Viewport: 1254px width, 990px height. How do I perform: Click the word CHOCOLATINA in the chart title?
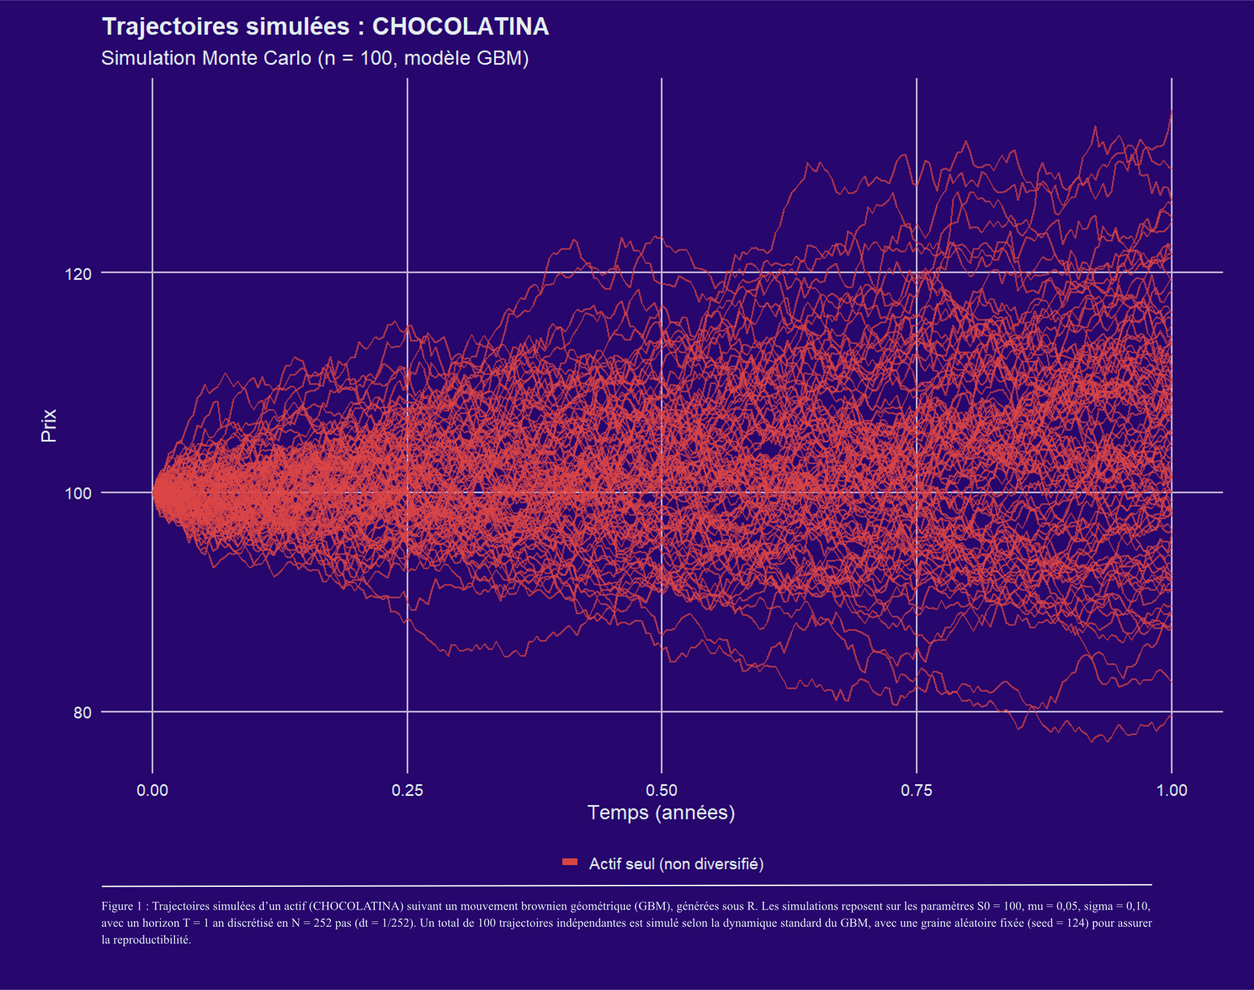pyautogui.click(x=460, y=27)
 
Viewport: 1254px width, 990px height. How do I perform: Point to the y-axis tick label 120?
pyautogui.click(x=78, y=274)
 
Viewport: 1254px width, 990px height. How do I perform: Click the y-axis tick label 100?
pyautogui.click(x=78, y=493)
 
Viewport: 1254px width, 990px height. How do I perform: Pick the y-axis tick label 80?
pyautogui.click(x=82, y=712)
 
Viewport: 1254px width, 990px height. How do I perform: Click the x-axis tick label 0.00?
pyautogui.click(x=152, y=790)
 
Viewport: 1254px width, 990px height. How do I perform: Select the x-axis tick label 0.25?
pyautogui.click(x=407, y=790)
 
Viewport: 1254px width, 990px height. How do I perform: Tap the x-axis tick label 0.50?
pyautogui.click(x=662, y=790)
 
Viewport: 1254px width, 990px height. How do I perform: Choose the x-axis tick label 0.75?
pyautogui.click(x=916, y=790)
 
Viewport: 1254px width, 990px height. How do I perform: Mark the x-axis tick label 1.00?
pyautogui.click(x=1172, y=790)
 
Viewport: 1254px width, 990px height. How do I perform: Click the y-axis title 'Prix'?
pyautogui.click(x=49, y=425)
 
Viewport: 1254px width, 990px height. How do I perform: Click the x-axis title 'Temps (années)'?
pyautogui.click(x=661, y=812)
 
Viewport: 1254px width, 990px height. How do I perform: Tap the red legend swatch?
pyautogui.click(x=570, y=863)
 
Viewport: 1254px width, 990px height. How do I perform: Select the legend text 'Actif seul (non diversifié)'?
pyautogui.click(x=676, y=864)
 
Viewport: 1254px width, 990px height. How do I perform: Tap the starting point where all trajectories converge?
pyautogui.click(x=154, y=492)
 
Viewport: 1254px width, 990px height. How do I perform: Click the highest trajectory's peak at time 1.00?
pyautogui.click(x=1171, y=113)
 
